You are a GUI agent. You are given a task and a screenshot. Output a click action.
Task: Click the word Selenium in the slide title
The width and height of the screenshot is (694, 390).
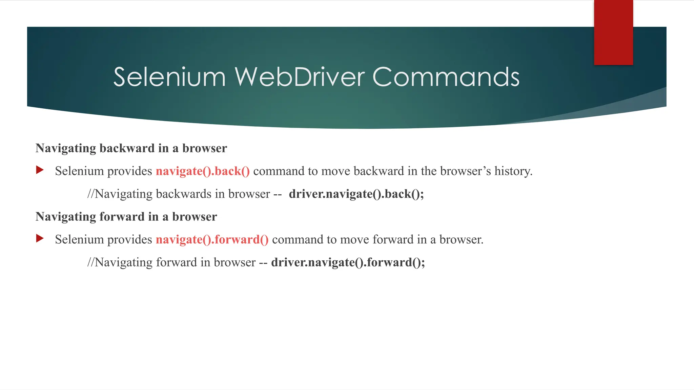(x=169, y=77)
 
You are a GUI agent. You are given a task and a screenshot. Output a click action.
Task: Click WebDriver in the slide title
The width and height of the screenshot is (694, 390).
(x=300, y=77)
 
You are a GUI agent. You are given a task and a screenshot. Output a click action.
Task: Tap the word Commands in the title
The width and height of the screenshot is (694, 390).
(x=446, y=77)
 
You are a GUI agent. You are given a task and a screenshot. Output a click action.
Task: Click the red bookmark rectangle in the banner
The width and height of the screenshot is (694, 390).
(x=613, y=32)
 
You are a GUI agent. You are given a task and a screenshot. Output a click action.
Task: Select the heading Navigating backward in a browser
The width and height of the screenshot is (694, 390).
(x=131, y=148)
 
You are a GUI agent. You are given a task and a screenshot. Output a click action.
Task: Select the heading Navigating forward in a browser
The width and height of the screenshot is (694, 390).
(x=126, y=217)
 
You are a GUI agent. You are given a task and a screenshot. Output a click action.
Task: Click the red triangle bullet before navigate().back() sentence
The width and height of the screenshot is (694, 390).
(x=40, y=170)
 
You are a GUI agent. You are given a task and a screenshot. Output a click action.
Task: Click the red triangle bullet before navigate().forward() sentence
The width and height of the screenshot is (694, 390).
(x=40, y=238)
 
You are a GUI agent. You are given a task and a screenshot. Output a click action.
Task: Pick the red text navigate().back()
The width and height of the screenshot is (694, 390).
(x=203, y=171)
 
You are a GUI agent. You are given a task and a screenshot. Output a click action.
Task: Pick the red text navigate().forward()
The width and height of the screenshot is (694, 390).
(x=212, y=240)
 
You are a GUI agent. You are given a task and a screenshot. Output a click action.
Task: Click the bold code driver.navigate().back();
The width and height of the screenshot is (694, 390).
(x=356, y=194)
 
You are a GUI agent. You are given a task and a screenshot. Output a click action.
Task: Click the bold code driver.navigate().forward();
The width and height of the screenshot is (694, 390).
(x=348, y=262)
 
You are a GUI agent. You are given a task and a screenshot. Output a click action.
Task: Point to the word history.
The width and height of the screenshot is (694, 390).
(x=513, y=171)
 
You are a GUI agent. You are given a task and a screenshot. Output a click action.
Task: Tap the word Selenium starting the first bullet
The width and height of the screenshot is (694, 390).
(x=79, y=171)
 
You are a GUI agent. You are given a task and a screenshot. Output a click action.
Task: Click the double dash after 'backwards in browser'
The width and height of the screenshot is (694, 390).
(x=278, y=194)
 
